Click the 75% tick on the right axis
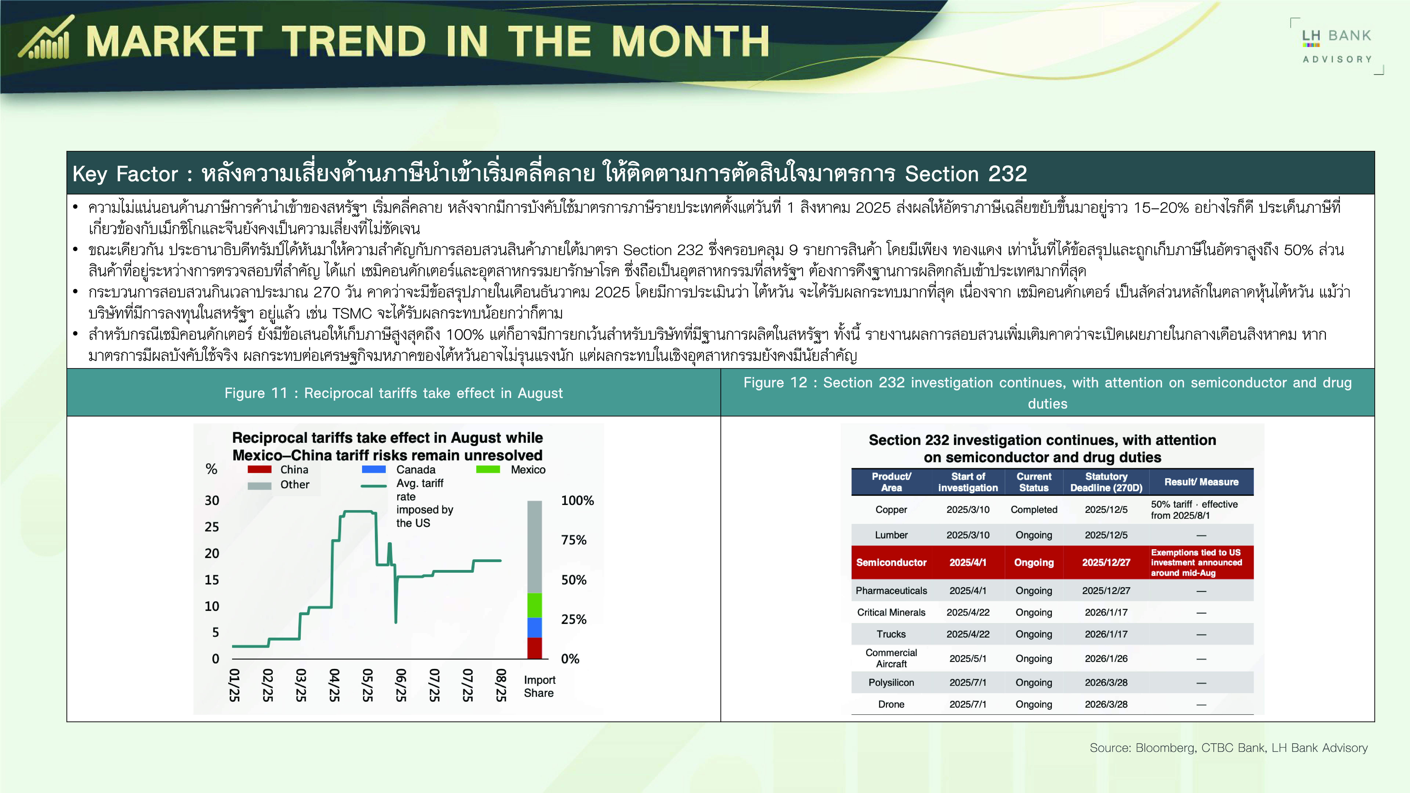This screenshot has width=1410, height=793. pyautogui.click(x=574, y=540)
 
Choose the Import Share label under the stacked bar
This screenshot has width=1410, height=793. pyautogui.click(x=539, y=686)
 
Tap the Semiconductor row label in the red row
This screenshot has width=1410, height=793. pyautogui.click(x=891, y=563)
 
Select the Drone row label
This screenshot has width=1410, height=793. pyautogui.click(x=891, y=704)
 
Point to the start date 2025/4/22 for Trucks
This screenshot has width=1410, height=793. pyautogui.click(x=968, y=634)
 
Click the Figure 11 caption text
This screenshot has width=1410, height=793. pyautogui.click(x=394, y=393)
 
